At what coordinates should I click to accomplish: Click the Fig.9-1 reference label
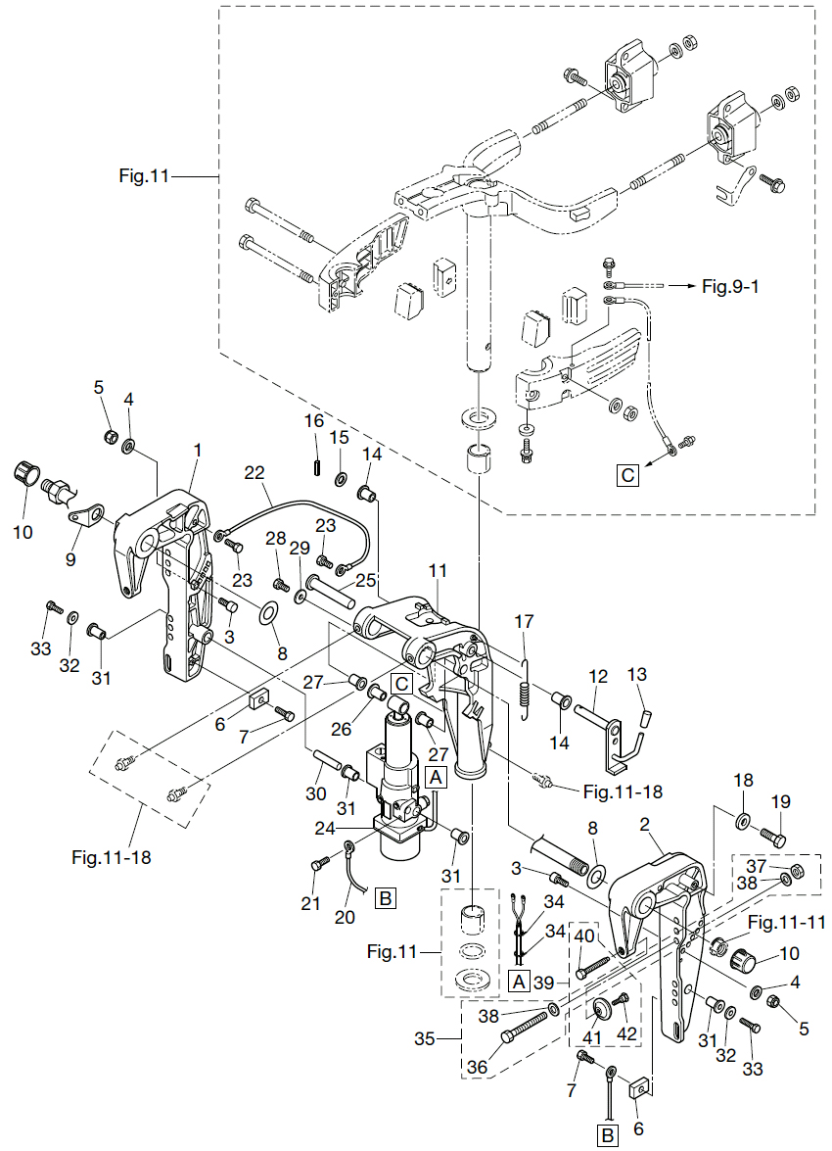tap(730, 286)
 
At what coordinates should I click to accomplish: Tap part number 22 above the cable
tap(254, 473)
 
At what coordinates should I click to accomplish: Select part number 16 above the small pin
tap(314, 420)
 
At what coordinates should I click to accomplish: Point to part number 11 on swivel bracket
tap(438, 570)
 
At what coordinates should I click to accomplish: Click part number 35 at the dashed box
tap(425, 1038)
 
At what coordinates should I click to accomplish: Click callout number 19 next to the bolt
tap(781, 801)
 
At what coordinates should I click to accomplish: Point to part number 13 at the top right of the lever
tap(637, 674)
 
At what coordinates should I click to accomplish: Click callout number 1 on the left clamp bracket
tap(197, 450)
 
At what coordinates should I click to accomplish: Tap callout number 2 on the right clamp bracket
tap(644, 825)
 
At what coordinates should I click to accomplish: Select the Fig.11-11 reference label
tap(787, 922)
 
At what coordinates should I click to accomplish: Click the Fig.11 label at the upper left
tap(144, 176)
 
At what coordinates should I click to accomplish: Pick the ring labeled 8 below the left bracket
tap(268, 610)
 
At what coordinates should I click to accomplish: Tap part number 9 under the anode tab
tap(70, 559)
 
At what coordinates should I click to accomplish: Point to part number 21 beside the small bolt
tap(311, 903)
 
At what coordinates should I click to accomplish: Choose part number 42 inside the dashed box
tap(626, 1032)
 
